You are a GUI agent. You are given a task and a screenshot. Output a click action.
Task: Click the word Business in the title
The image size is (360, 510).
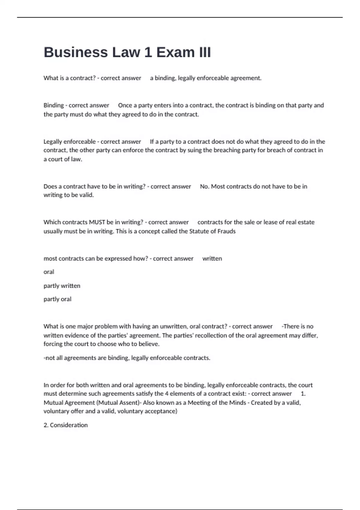[76, 52]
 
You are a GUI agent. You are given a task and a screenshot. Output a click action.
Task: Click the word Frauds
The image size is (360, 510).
[227, 231]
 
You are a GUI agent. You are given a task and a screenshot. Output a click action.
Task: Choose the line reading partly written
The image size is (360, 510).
[62, 286]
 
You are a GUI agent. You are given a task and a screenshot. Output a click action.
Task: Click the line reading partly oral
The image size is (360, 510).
[57, 299]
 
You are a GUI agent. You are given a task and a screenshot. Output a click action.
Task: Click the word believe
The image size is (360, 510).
[149, 344]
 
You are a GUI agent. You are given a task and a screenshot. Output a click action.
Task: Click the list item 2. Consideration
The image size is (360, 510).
[65, 425]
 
